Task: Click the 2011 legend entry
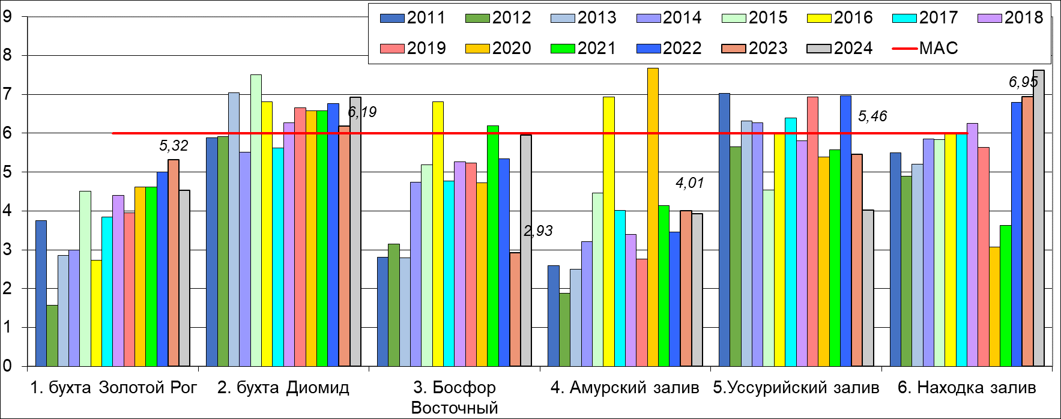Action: tap(413, 17)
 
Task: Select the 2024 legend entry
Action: tap(840, 48)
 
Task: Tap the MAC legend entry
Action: tap(925, 48)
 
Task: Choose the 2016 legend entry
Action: tap(840, 17)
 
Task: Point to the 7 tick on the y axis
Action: tap(7, 94)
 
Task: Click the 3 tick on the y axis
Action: tap(7, 250)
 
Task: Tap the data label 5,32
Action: tap(174, 145)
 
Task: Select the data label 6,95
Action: tap(1023, 82)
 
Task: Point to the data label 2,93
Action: tap(538, 231)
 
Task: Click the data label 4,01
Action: tap(689, 182)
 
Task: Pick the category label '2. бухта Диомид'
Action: tap(283, 388)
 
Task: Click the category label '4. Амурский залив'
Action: tap(624, 388)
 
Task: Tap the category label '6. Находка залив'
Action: tap(967, 388)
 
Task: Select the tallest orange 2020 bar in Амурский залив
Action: tap(653, 216)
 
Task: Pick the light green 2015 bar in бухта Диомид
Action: tap(256, 220)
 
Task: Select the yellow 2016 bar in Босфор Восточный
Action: tap(438, 234)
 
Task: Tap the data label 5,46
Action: tap(872, 116)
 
